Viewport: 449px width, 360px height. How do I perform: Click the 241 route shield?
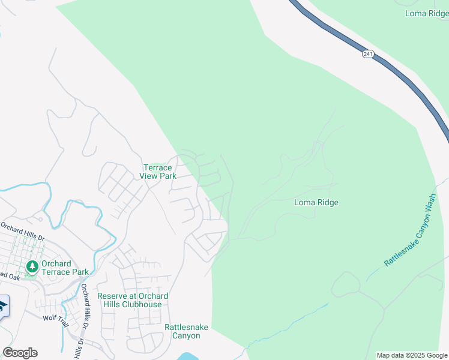[368, 54]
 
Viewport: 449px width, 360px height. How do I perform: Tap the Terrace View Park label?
[158, 172]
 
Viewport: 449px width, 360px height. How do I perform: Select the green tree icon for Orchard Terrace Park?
[31, 266]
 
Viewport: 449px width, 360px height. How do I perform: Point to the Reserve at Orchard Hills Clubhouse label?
[132, 300]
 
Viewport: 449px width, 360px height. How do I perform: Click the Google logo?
[20, 353]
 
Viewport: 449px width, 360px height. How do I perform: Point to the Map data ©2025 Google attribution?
[411, 355]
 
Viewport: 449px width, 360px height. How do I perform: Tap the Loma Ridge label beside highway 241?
[427, 13]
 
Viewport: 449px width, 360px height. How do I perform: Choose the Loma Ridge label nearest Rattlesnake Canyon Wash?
[316, 202]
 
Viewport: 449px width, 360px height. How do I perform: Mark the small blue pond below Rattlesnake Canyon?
[189, 356]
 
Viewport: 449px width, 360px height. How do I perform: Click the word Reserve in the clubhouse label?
[112, 296]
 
